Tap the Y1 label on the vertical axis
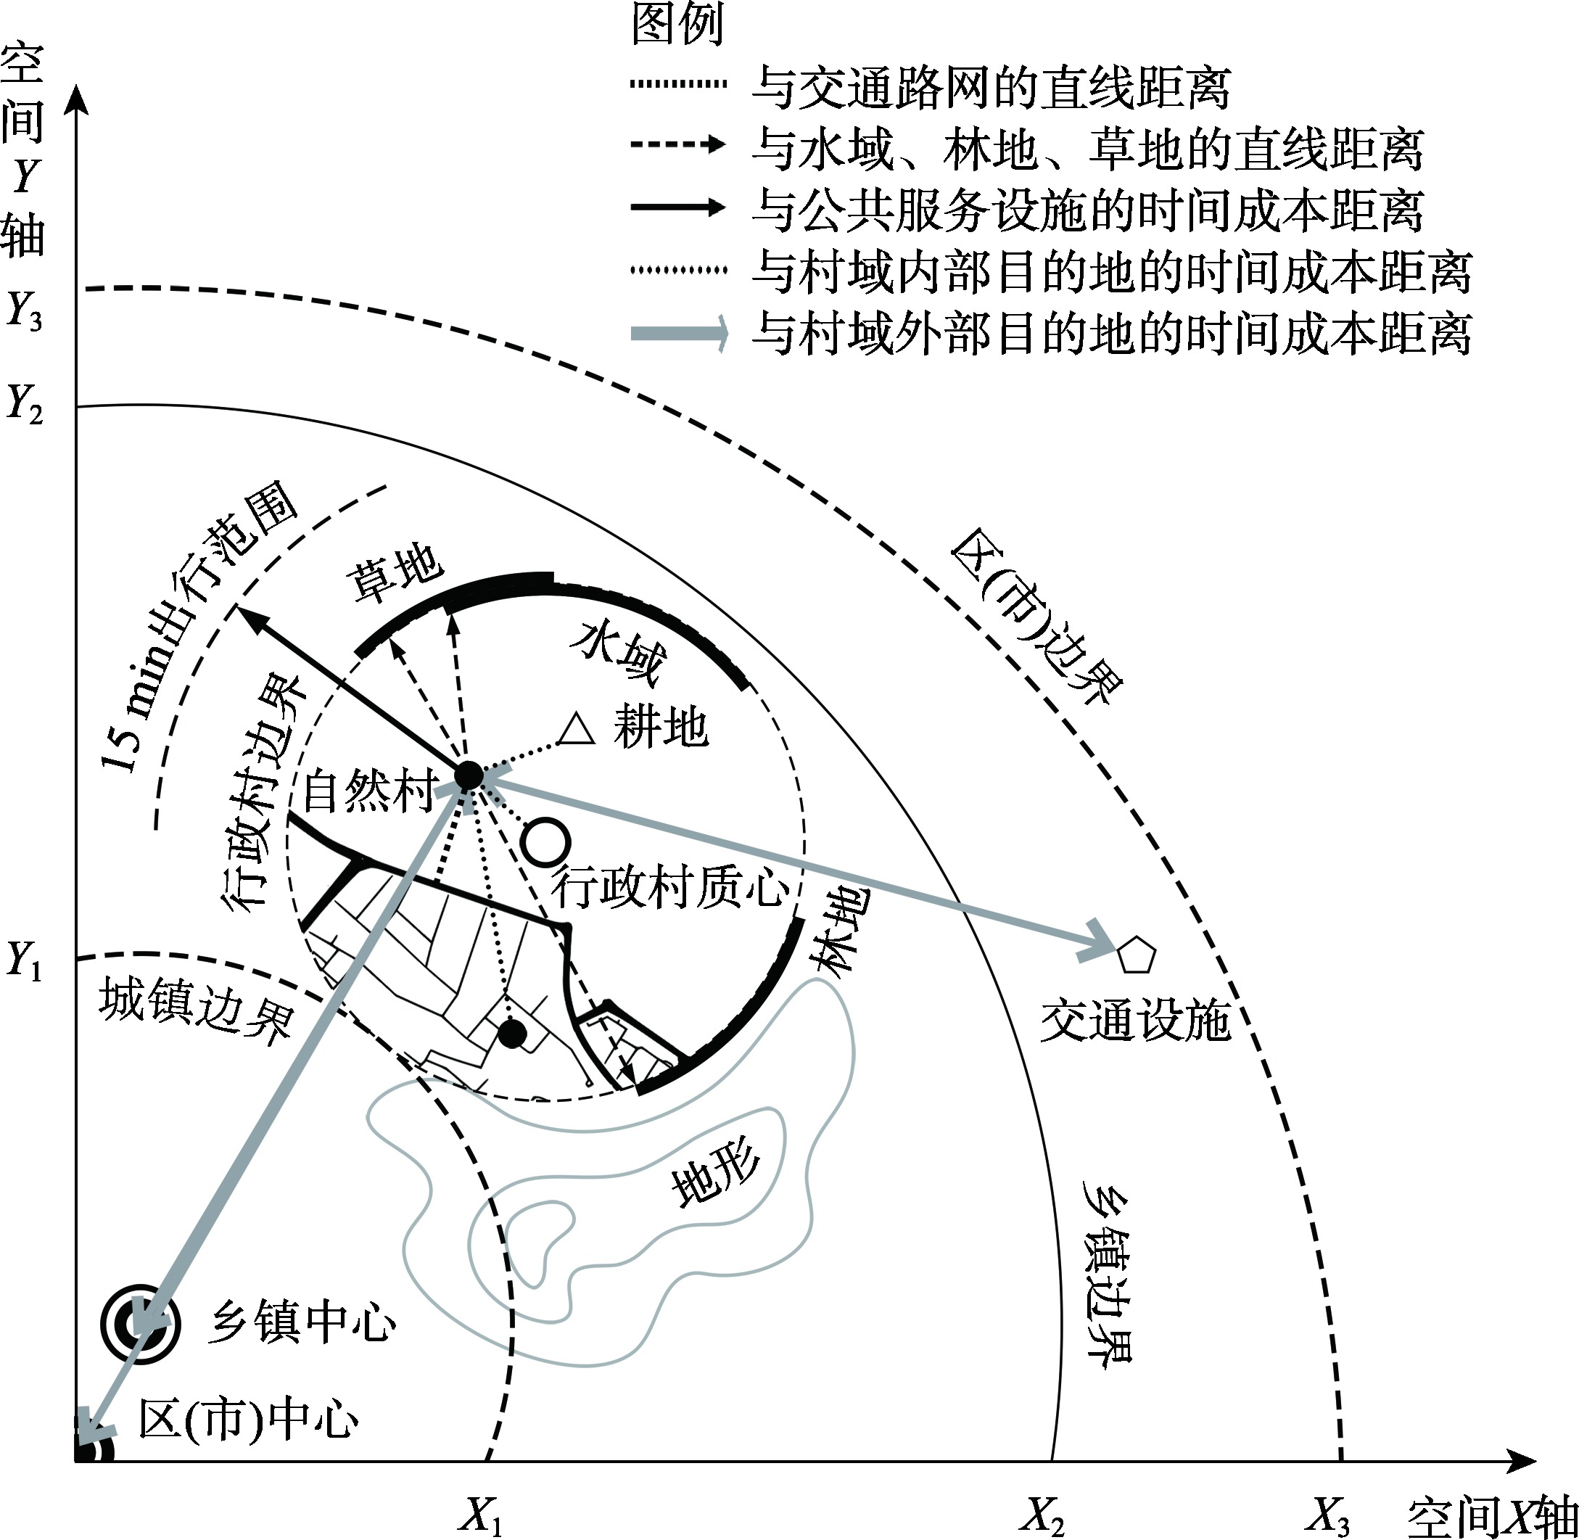[x=24, y=961]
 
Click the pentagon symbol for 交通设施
[x=1137, y=956]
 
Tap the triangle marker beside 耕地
[x=577, y=730]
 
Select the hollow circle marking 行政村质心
[x=546, y=841]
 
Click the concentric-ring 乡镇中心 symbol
[x=139, y=1324]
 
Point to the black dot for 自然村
[x=469, y=775]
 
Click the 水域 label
[x=619, y=652]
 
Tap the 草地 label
[x=395, y=574]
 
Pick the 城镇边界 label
[x=195, y=1011]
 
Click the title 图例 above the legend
[x=677, y=24]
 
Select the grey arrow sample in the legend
[x=678, y=333]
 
